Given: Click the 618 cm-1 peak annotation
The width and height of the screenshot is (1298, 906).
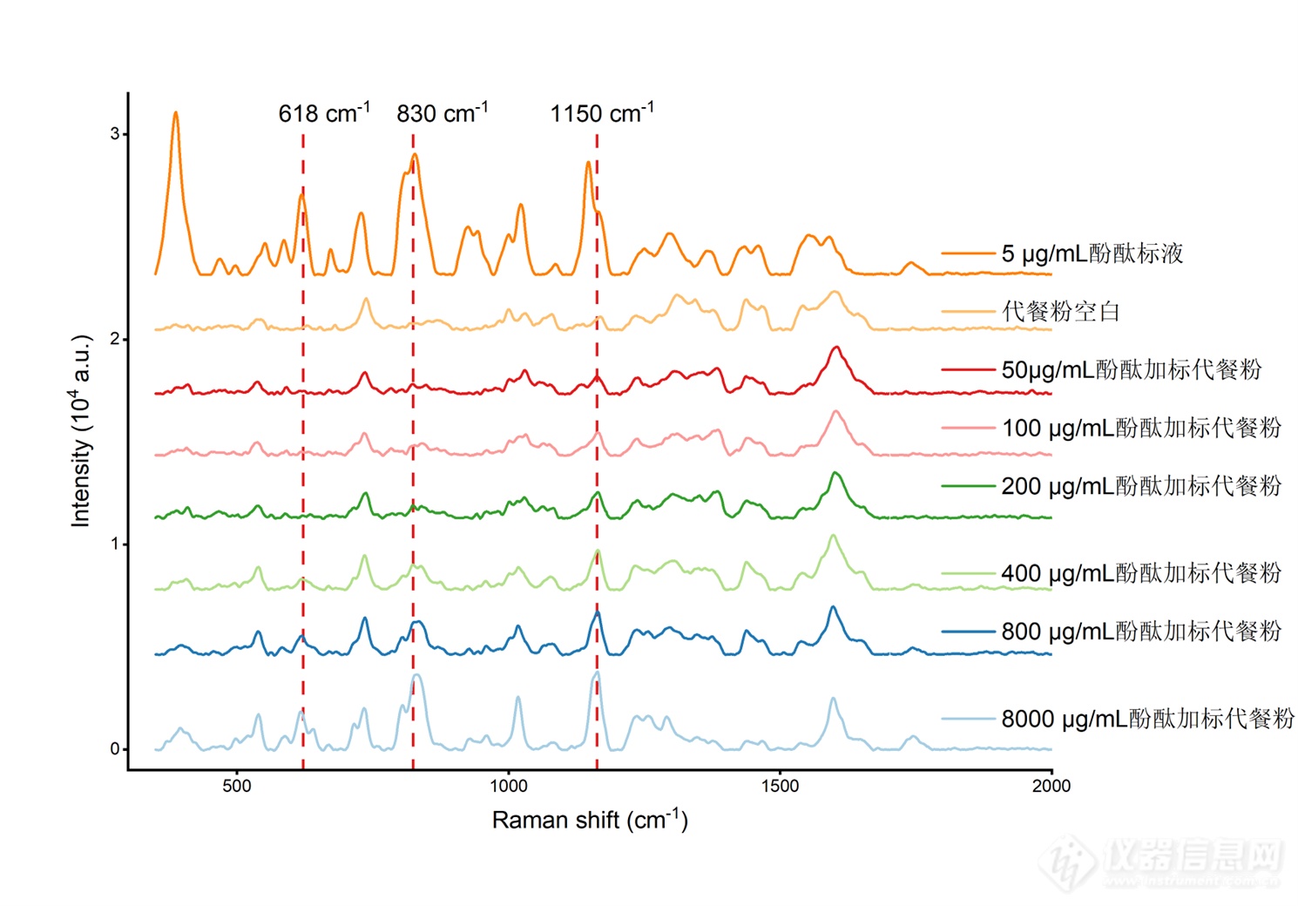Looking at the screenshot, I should pyautogui.click(x=323, y=113).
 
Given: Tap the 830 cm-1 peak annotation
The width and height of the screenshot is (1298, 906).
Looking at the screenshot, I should pyautogui.click(x=442, y=113).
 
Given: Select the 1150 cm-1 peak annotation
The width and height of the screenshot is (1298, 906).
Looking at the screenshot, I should pyautogui.click(x=601, y=113).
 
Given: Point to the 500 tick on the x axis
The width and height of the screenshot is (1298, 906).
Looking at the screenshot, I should pyautogui.click(x=236, y=785).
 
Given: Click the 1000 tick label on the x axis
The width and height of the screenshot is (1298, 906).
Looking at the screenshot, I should pyautogui.click(x=508, y=785).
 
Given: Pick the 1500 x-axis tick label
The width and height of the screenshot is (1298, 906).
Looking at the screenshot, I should pyautogui.click(x=780, y=785).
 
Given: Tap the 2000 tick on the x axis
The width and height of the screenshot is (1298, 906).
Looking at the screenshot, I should pyautogui.click(x=1051, y=785).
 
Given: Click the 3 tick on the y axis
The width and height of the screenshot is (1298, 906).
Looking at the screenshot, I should pyautogui.click(x=115, y=134).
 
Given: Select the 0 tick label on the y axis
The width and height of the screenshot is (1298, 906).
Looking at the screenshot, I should pyautogui.click(x=115, y=748).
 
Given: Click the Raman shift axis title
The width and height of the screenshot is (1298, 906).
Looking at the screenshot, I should pyautogui.click(x=590, y=820).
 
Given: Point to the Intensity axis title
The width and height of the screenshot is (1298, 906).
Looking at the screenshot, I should pyautogui.click(x=81, y=431).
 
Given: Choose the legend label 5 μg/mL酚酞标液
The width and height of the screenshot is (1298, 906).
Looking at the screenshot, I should pyautogui.click(x=1092, y=254).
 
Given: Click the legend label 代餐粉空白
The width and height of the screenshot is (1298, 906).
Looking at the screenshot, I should pyautogui.click(x=1060, y=311).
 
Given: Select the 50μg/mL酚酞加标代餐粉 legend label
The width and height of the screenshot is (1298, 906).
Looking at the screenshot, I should pyautogui.click(x=1131, y=369).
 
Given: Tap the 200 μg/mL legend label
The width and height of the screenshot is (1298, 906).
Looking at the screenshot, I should pyautogui.click(x=1141, y=485).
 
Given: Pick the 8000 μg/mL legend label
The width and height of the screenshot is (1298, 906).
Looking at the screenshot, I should pyautogui.click(x=1147, y=719).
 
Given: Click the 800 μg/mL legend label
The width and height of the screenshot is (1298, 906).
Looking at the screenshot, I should pyautogui.click(x=1141, y=631).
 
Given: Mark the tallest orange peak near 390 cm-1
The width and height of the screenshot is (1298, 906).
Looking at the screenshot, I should pyautogui.click(x=176, y=113).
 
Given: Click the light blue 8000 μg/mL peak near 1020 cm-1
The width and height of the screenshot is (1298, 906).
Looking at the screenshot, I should pyautogui.click(x=518, y=697).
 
